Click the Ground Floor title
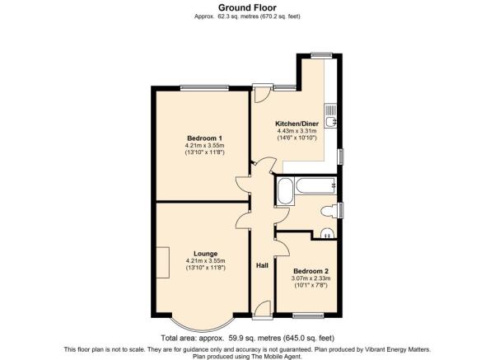(x=247, y=7)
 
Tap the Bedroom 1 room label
(x=204, y=138)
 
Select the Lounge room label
(x=206, y=254)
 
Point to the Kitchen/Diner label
(x=297, y=124)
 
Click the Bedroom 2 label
(x=311, y=271)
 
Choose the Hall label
(x=262, y=265)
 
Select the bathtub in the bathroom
(x=316, y=185)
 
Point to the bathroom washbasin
(x=327, y=233)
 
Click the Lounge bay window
(x=203, y=325)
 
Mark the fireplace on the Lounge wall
(x=163, y=263)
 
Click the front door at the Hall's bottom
(x=263, y=310)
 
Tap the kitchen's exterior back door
(x=263, y=93)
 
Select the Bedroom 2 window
(x=308, y=316)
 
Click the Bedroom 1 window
(x=204, y=88)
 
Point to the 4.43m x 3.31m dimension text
(x=297, y=131)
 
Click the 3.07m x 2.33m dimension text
(x=311, y=278)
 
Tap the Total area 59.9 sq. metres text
(x=247, y=338)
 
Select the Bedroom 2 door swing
(x=283, y=248)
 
